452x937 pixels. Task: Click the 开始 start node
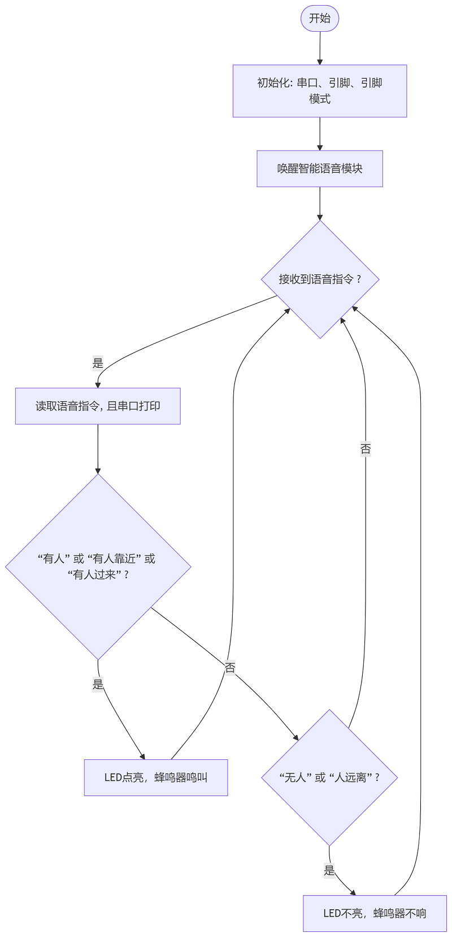point(320,19)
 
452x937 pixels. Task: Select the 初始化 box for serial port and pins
point(320,91)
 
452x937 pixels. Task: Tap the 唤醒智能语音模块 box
point(320,169)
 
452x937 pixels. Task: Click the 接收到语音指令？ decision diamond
point(320,279)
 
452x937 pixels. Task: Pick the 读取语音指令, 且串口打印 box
point(98,406)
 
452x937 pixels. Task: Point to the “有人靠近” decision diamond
point(98,567)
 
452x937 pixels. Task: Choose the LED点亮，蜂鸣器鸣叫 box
point(156,777)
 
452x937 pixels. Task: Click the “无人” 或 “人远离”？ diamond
point(329,777)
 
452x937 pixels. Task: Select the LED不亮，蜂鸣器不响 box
point(375,913)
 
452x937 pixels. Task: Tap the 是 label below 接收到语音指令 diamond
point(98,363)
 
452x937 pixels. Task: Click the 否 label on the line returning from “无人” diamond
point(366,449)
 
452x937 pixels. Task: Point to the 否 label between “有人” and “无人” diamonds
point(230,668)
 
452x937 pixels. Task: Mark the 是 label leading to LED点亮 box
point(98,684)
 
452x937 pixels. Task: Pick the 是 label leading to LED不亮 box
point(329,870)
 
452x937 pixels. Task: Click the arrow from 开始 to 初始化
point(320,48)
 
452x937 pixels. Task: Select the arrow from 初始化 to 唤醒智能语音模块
point(320,134)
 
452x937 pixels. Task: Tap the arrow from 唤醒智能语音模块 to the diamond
point(320,203)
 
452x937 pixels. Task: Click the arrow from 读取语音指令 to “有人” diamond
point(98,449)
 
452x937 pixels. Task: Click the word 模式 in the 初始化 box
point(320,98)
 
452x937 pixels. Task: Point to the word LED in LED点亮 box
point(113,777)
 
